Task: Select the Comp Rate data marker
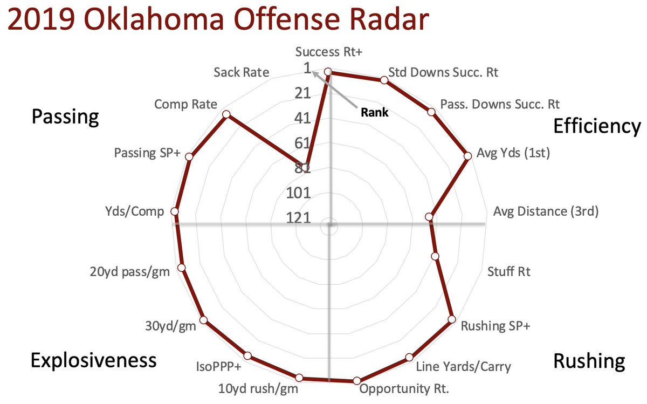(x=226, y=115)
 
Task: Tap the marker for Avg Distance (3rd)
(x=429, y=217)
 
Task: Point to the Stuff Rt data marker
(x=436, y=257)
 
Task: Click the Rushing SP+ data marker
(x=452, y=320)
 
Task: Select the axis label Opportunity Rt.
(x=405, y=389)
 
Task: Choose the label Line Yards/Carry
(x=463, y=367)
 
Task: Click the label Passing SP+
(x=147, y=153)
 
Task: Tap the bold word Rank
(x=375, y=113)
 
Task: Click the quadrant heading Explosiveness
(x=93, y=360)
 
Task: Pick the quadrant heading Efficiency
(x=597, y=126)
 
